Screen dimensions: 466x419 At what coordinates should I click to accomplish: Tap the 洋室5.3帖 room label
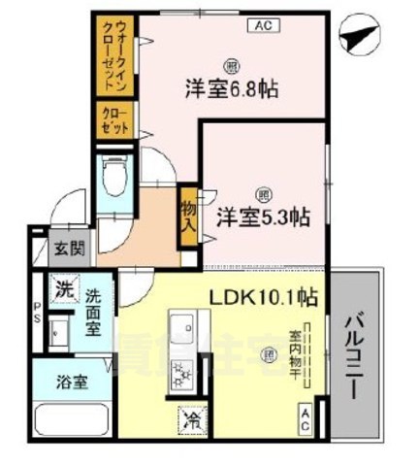[x=262, y=216]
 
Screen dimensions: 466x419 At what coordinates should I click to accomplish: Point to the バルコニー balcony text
[x=354, y=353]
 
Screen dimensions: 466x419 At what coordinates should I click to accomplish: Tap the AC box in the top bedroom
[x=263, y=25]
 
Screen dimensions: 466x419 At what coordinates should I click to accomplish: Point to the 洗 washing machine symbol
[x=63, y=288]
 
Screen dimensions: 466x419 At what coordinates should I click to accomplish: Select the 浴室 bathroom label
[x=71, y=382]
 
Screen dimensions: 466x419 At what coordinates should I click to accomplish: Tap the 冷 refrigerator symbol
[x=187, y=420]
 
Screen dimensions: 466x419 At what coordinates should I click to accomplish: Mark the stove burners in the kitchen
[x=181, y=372]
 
